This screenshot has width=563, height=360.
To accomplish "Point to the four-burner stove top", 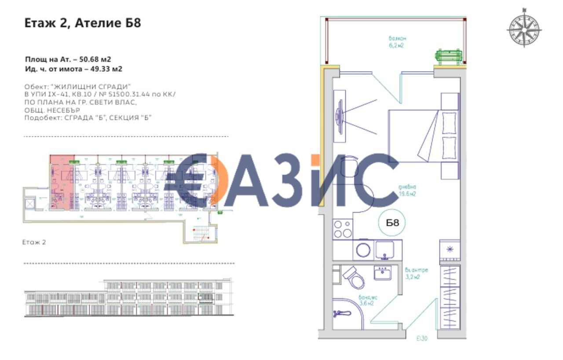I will tap(343, 229).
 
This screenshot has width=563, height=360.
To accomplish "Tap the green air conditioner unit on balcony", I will tap(449, 57).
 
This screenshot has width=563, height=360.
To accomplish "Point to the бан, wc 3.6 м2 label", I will tap(367, 300).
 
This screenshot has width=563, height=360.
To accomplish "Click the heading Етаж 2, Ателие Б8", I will tap(83, 23).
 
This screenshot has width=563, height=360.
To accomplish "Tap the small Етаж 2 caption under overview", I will tap(34, 242).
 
